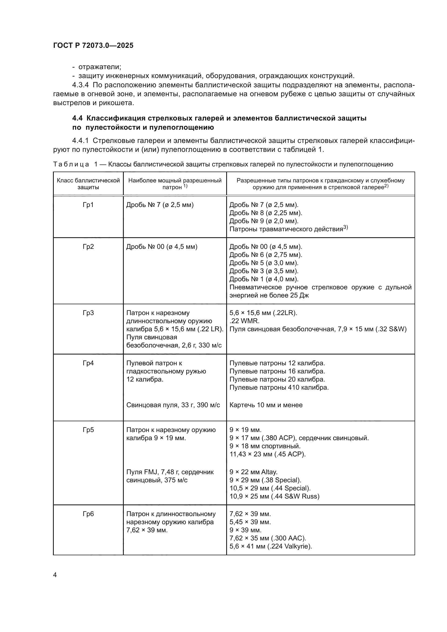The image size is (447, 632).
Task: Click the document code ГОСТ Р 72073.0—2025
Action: [93, 45]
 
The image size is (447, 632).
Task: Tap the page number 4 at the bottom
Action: [55, 575]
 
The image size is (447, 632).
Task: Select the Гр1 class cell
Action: [88, 205]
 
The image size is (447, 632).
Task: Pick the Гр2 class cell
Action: [88, 247]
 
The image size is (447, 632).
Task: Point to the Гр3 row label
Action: [88, 313]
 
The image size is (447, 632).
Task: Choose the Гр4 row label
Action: [88, 363]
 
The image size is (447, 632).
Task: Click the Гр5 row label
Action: [88, 430]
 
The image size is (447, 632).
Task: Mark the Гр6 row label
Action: [88, 514]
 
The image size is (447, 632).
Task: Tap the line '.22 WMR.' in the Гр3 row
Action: [244, 321]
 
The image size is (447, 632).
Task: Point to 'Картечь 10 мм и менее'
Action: [266, 405]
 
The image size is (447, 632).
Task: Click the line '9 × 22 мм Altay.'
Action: [253, 472]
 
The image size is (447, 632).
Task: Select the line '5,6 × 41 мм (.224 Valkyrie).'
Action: [271, 546]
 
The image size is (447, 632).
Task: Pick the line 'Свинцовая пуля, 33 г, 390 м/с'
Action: [173, 405]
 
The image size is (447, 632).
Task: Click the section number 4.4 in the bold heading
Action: [77, 118]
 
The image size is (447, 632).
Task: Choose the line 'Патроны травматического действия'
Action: [286, 229]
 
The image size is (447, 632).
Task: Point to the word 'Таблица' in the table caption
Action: [71, 165]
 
